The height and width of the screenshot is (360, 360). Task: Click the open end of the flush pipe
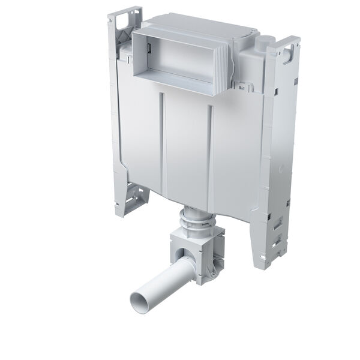pos(140,297)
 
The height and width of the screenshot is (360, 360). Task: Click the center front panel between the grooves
pos(186,150)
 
